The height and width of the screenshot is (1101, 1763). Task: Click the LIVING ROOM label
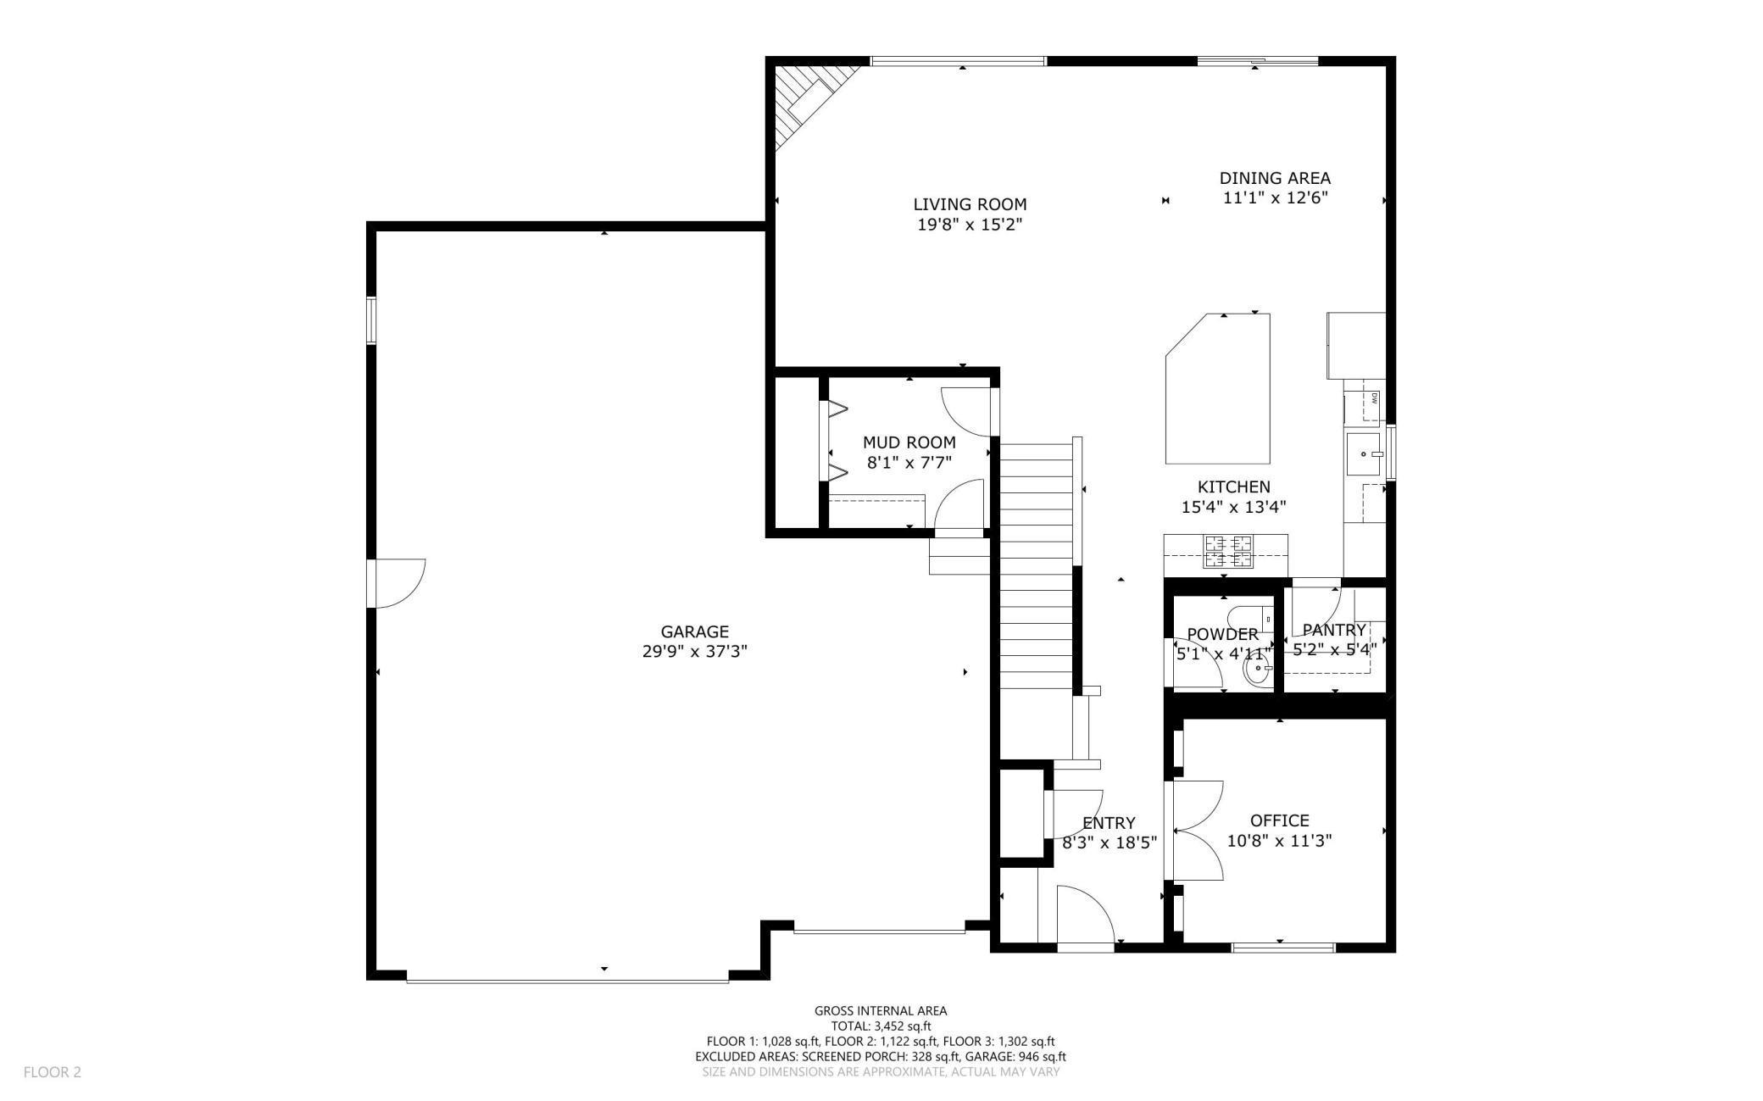[x=970, y=204]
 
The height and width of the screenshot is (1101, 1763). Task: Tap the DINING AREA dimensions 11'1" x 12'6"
[x=1275, y=198]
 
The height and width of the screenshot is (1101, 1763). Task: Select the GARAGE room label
[x=695, y=631]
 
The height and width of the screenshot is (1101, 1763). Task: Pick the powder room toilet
[x=1253, y=619]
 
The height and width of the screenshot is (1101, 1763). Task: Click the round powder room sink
[x=1257, y=670]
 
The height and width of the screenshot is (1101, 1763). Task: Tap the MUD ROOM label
[x=909, y=442]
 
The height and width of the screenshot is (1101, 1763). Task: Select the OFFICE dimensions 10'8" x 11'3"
[x=1280, y=841]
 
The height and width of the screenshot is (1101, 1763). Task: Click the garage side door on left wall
[x=397, y=583]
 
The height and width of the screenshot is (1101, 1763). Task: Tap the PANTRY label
[x=1334, y=630]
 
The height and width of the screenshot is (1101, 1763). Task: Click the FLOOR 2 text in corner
[x=52, y=1072]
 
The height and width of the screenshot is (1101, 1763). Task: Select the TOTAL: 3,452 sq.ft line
[x=881, y=1026]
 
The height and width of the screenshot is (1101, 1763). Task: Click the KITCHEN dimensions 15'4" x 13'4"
[x=1234, y=507]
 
